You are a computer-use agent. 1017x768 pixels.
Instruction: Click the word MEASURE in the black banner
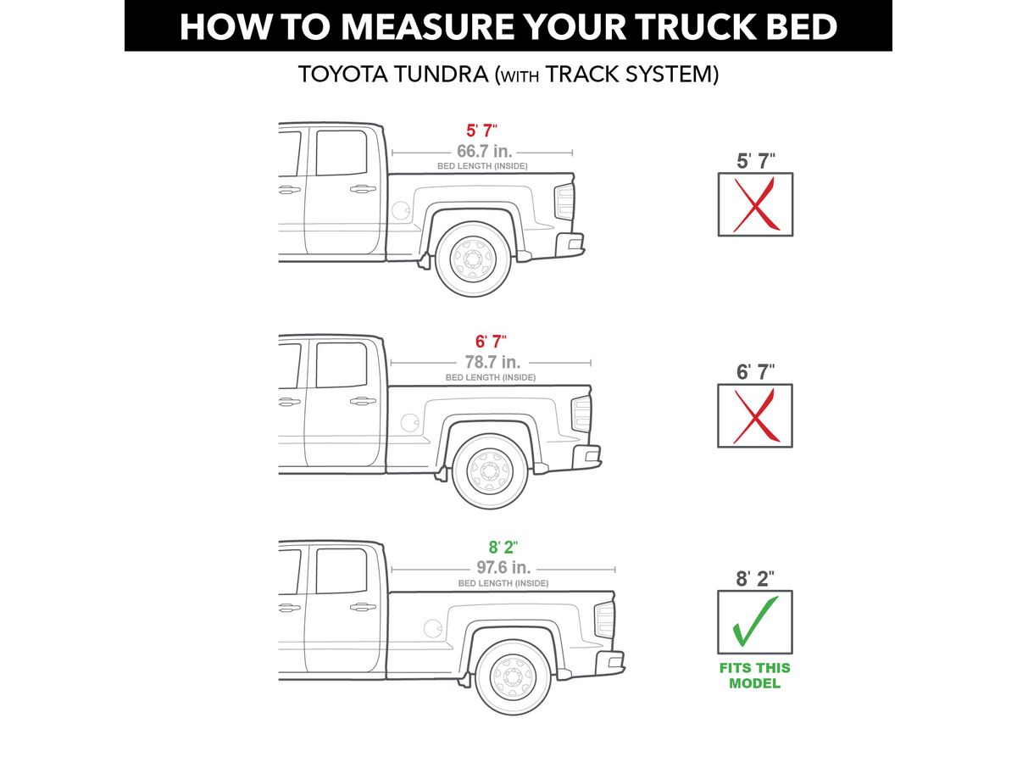(x=428, y=26)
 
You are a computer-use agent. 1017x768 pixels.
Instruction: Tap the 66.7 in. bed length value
(x=484, y=151)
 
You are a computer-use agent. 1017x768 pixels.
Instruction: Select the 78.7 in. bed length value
(x=492, y=361)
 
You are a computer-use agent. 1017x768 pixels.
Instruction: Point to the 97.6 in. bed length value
(x=503, y=567)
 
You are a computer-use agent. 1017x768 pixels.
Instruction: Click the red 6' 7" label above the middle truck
(x=491, y=342)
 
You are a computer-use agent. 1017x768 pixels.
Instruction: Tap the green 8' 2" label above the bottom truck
(x=503, y=547)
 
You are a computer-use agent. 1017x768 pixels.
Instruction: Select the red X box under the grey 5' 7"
(x=755, y=204)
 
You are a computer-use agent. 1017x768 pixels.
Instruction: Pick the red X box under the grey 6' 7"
(x=755, y=415)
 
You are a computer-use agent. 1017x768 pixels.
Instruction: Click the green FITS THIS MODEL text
(x=755, y=676)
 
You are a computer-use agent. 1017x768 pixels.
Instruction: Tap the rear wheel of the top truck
(x=473, y=259)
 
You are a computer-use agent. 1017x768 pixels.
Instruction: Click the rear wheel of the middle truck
(x=490, y=471)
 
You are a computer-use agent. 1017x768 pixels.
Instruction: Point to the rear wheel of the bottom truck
(x=513, y=677)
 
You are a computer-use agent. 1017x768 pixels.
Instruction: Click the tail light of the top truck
(x=564, y=202)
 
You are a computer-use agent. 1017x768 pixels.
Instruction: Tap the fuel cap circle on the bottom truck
(x=433, y=627)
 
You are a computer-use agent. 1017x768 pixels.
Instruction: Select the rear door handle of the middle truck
(x=363, y=401)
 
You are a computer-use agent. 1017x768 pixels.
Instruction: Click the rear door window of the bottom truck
(x=342, y=570)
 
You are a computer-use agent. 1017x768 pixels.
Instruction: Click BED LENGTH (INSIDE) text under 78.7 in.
(x=490, y=377)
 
